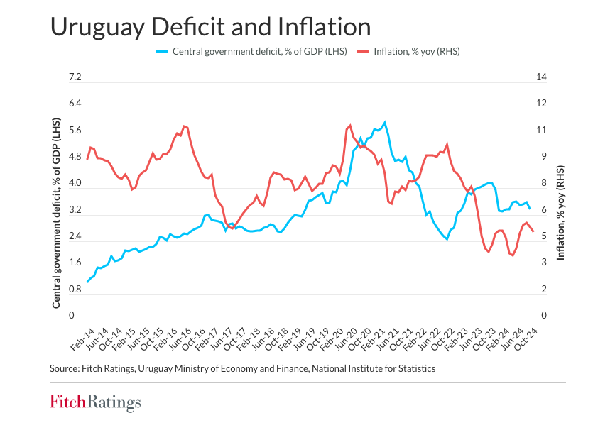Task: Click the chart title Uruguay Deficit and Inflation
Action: point(210,27)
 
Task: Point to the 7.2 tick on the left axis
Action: point(75,77)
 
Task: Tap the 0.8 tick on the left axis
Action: point(75,290)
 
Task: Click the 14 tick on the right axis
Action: point(541,77)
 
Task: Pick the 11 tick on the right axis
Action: point(541,131)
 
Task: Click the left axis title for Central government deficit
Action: point(56,214)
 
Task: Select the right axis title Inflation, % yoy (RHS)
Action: point(560,214)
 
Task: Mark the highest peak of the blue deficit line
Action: point(385,122)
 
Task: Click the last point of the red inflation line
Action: point(533,231)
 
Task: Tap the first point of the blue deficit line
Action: point(87,282)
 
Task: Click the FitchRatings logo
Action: point(95,403)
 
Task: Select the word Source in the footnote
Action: point(65,369)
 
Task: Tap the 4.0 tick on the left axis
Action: point(75,184)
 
